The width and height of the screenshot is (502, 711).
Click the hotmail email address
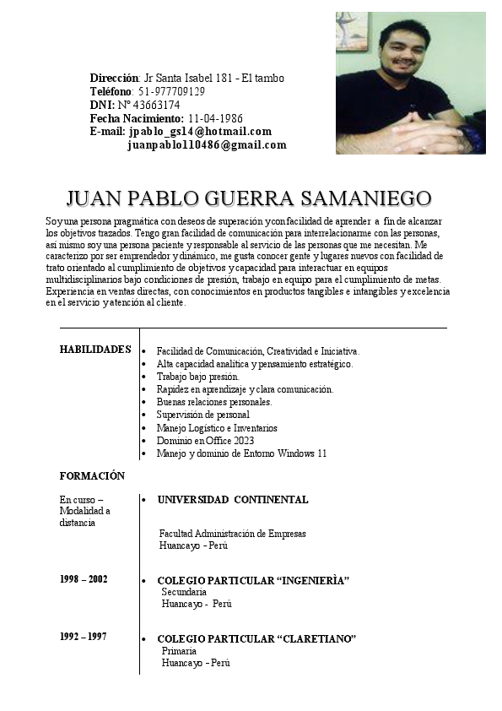(x=200, y=132)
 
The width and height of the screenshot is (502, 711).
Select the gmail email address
(x=207, y=145)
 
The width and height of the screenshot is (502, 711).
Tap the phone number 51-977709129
(x=171, y=91)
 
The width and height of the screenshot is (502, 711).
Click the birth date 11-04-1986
(x=215, y=118)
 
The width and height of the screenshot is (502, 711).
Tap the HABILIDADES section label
(x=94, y=350)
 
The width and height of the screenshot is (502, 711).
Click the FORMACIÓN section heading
(x=92, y=476)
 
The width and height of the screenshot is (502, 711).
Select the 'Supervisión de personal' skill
(x=202, y=415)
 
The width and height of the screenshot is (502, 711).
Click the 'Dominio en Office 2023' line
(x=205, y=441)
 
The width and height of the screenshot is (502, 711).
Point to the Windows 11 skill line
(x=241, y=453)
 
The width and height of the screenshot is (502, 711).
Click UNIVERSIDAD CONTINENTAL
(x=232, y=500)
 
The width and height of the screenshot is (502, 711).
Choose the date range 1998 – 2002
(x=84, y=579)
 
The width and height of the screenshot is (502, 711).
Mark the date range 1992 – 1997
(x=84, y=636)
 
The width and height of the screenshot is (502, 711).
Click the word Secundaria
(x=184, y=593)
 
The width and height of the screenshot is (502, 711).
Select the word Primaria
(x=179, y=651)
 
